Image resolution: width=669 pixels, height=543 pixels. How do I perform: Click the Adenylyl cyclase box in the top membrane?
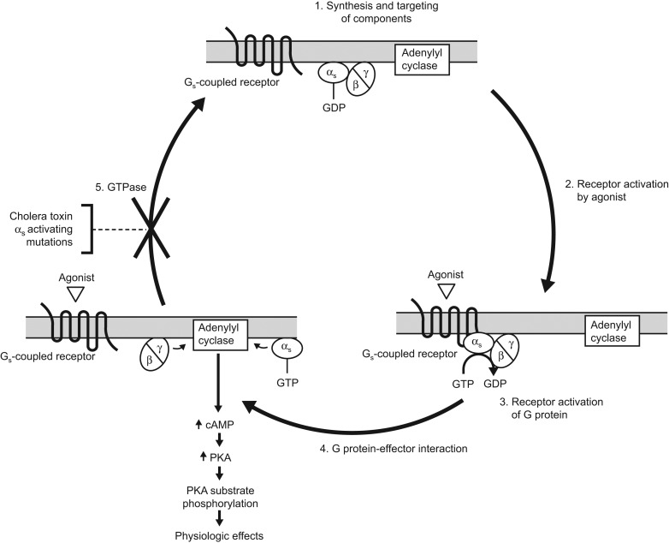(424, 57)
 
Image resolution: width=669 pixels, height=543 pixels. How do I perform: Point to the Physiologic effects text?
(220, 535)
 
